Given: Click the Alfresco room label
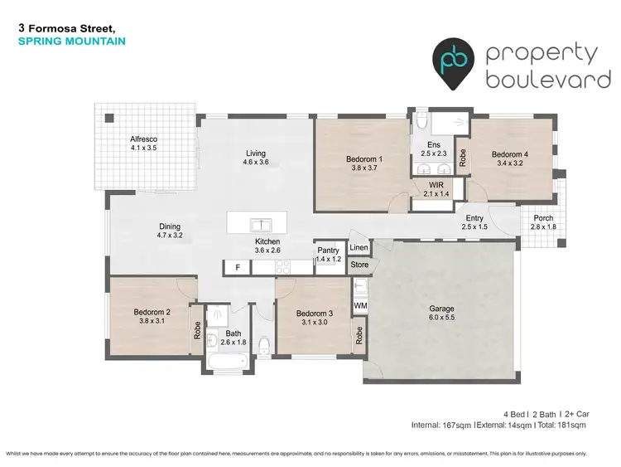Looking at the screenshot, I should tap(143, 139).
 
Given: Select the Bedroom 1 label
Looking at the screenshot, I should tap(363, 158).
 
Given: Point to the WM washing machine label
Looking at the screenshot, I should tap(360, 306).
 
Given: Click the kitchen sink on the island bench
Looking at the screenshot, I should tap(260, 224).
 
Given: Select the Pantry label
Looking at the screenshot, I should tap(328, 251).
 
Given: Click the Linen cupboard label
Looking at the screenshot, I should tap(359, 248).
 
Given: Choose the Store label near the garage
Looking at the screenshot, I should tap(359, 266).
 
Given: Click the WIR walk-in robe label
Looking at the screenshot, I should tap(436, 185).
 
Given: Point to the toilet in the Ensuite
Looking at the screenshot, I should tap(422, 121).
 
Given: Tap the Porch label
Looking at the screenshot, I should tap(543, 217).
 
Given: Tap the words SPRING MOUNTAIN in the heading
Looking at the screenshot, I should tap(71, 40).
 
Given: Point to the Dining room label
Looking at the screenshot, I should tap(170, 226).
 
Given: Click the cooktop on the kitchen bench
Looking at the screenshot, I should tap(283, 268).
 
